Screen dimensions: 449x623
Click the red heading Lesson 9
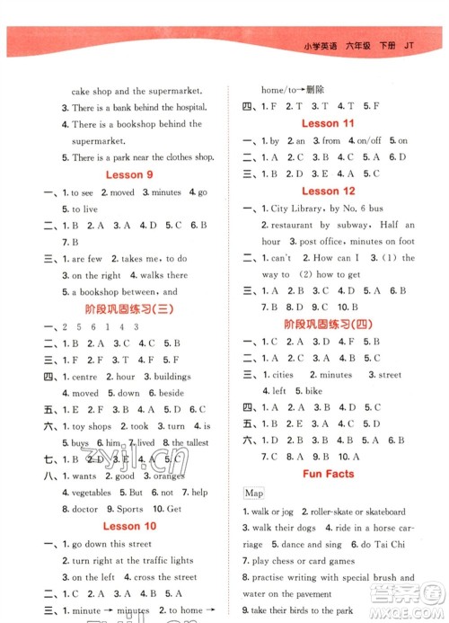(129, 174)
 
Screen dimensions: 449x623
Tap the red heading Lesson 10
(129, 525)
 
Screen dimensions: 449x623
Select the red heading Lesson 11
(328, 123)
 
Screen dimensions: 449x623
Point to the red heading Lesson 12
(328, 191)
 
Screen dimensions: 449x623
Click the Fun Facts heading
(328, 473)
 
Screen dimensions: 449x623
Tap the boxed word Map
(253, 493)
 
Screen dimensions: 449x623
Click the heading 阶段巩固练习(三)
(129, 308)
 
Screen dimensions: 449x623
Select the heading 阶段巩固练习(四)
(329, 325)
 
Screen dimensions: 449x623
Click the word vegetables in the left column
(92, 493)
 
